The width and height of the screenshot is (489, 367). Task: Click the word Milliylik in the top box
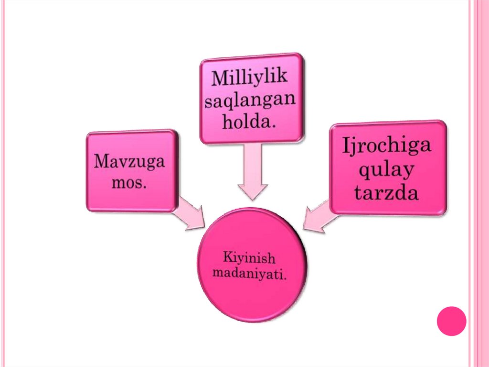250,78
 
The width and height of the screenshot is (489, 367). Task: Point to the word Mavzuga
129,162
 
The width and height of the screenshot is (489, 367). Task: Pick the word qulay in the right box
387,170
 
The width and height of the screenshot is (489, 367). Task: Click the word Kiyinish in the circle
249,259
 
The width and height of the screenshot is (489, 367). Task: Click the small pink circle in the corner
451,321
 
